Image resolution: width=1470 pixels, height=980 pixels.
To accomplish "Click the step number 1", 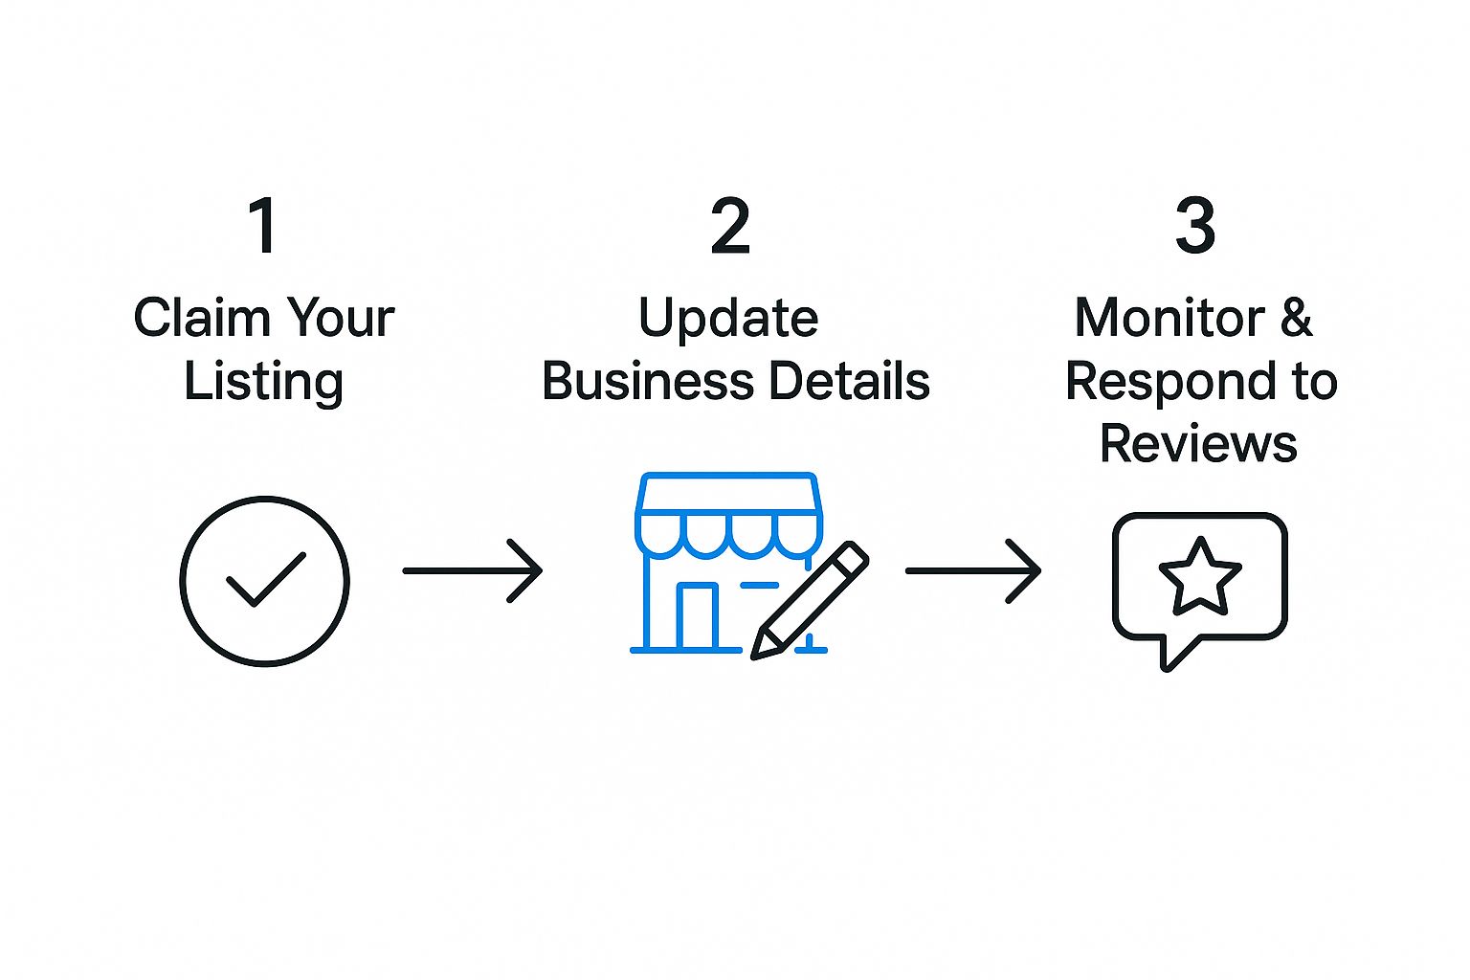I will click(x=263, y=226).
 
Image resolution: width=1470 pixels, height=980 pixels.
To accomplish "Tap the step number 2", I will click(x=730, y=226).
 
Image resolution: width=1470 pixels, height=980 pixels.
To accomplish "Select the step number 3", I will click(x=1195, y=226).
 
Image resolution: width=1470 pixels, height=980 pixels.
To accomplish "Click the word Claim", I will click(x=202, y=318).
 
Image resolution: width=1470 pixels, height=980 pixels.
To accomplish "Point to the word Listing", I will click(x=263, y=382).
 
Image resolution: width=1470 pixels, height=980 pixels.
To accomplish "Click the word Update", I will click(x=728, y=319).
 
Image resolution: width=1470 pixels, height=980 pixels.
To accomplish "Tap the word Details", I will click(x=849, y=381).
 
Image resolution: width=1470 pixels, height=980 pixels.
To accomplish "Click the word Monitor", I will click(x=1169, y=318).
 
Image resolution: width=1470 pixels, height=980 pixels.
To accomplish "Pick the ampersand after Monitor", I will click(x=1296, y=318).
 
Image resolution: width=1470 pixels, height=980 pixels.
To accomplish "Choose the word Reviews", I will click(x=1198, y=444).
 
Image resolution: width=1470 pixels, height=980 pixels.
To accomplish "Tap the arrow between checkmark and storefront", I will click(x=473, y=570).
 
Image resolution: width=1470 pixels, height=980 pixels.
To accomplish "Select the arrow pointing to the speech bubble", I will click(x=973, y=570).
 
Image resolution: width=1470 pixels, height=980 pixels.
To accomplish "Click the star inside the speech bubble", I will click(x=1200, y=576).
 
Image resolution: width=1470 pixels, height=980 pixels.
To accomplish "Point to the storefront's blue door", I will click(x=697, y=616).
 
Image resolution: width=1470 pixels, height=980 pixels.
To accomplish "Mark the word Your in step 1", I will click(x=341, y=318).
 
